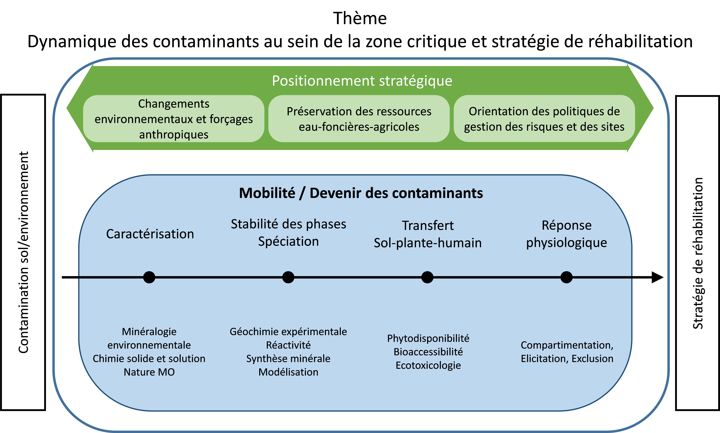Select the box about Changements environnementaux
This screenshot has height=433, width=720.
point(174,119)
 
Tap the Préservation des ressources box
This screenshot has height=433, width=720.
point(359,119)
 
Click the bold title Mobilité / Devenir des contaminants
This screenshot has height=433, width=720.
point(361,193)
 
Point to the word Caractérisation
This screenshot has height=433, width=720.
point(150,234)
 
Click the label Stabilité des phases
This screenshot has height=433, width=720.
point(288,224)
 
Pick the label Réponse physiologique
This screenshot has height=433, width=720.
point(566,234)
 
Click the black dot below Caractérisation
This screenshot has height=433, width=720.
point(149,277)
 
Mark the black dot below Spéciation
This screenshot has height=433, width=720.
point(288,277)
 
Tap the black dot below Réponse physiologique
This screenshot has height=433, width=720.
point(566,277)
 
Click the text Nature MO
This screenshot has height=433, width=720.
point(149,372)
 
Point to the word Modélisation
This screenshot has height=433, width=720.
point(288,372)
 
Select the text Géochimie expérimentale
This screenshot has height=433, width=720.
point(288,332)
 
